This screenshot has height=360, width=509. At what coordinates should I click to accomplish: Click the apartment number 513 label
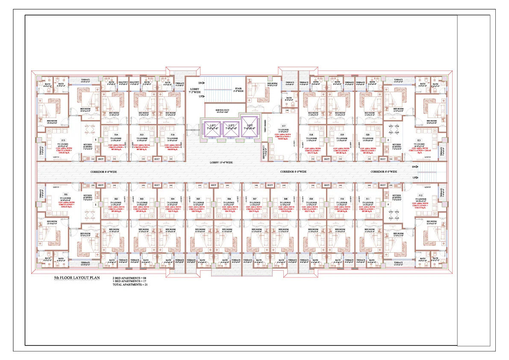[x=63, y=140]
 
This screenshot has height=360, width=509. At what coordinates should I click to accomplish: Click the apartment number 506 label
[x=229, y=199]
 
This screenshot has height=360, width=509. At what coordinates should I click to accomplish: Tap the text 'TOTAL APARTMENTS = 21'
[x=131, y=284]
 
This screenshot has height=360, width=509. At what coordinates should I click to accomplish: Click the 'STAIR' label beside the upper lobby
[x=238, y=88]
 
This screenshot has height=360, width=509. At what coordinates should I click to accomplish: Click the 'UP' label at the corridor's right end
[x=414, y=177]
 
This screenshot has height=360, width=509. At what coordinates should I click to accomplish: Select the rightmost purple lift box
[x=250, y=127]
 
